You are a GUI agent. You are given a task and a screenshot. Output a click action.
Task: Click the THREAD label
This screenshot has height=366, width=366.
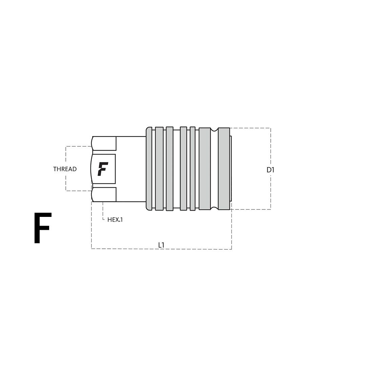(x=65, y=169)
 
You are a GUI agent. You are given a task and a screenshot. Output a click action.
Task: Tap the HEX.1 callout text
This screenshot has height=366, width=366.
(x=115, y=220)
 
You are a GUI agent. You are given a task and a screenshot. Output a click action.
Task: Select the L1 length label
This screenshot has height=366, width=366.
(x=161, y=245)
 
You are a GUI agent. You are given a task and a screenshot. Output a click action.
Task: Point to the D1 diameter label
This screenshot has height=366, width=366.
(x=270, y=170)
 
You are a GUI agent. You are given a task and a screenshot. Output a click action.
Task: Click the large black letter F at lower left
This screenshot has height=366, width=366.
(x=43, y=228)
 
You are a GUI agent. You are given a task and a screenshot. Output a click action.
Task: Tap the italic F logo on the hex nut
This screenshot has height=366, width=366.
(x=103, y=169)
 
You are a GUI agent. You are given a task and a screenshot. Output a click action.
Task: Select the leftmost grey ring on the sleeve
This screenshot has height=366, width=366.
(x=159, y=169)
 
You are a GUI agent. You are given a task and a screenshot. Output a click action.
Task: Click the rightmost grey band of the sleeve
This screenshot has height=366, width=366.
(x=224, y=169)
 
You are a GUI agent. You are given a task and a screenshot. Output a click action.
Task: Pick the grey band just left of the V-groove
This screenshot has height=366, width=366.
(x=205, y=169)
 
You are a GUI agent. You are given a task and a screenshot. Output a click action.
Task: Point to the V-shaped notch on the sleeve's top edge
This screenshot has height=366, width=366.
(x=214, y=129)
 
